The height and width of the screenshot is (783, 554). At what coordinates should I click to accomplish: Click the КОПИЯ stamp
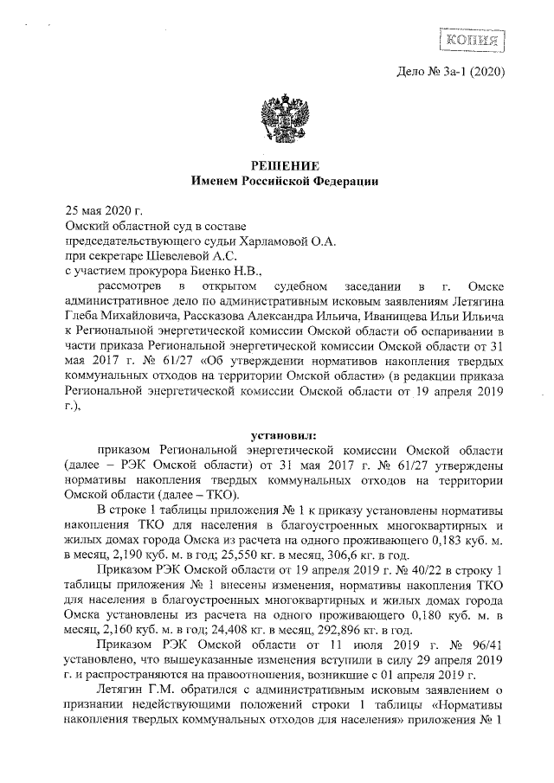(473, 40)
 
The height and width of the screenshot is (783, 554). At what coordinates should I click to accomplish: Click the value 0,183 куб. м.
(467, 541)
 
